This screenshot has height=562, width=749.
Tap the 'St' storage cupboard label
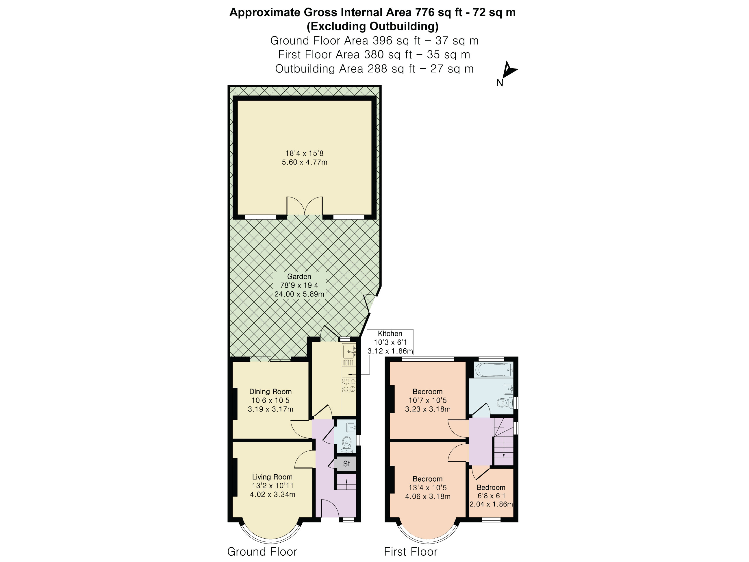tap(346, 464)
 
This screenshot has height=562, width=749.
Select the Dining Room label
tap(270, 392)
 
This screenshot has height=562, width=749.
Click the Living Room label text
tap(272, 477)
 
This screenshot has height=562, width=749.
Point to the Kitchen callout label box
tap(390, 342)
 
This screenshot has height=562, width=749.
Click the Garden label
tap(299, 276)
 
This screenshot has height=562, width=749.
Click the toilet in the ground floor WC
tap(346, 444)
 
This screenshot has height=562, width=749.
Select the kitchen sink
tap(349, 352)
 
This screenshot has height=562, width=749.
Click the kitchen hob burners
tap(349, 385)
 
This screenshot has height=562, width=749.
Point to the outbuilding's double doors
tap(304, 206)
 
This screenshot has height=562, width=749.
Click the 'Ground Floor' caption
tap(262, 552)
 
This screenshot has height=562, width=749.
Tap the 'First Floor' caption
tap(410, 552)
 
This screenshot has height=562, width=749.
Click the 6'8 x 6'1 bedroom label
tap(491, 496)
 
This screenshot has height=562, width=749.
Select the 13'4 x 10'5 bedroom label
tap(428, 488)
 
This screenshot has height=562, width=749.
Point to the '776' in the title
tap(422, 12)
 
